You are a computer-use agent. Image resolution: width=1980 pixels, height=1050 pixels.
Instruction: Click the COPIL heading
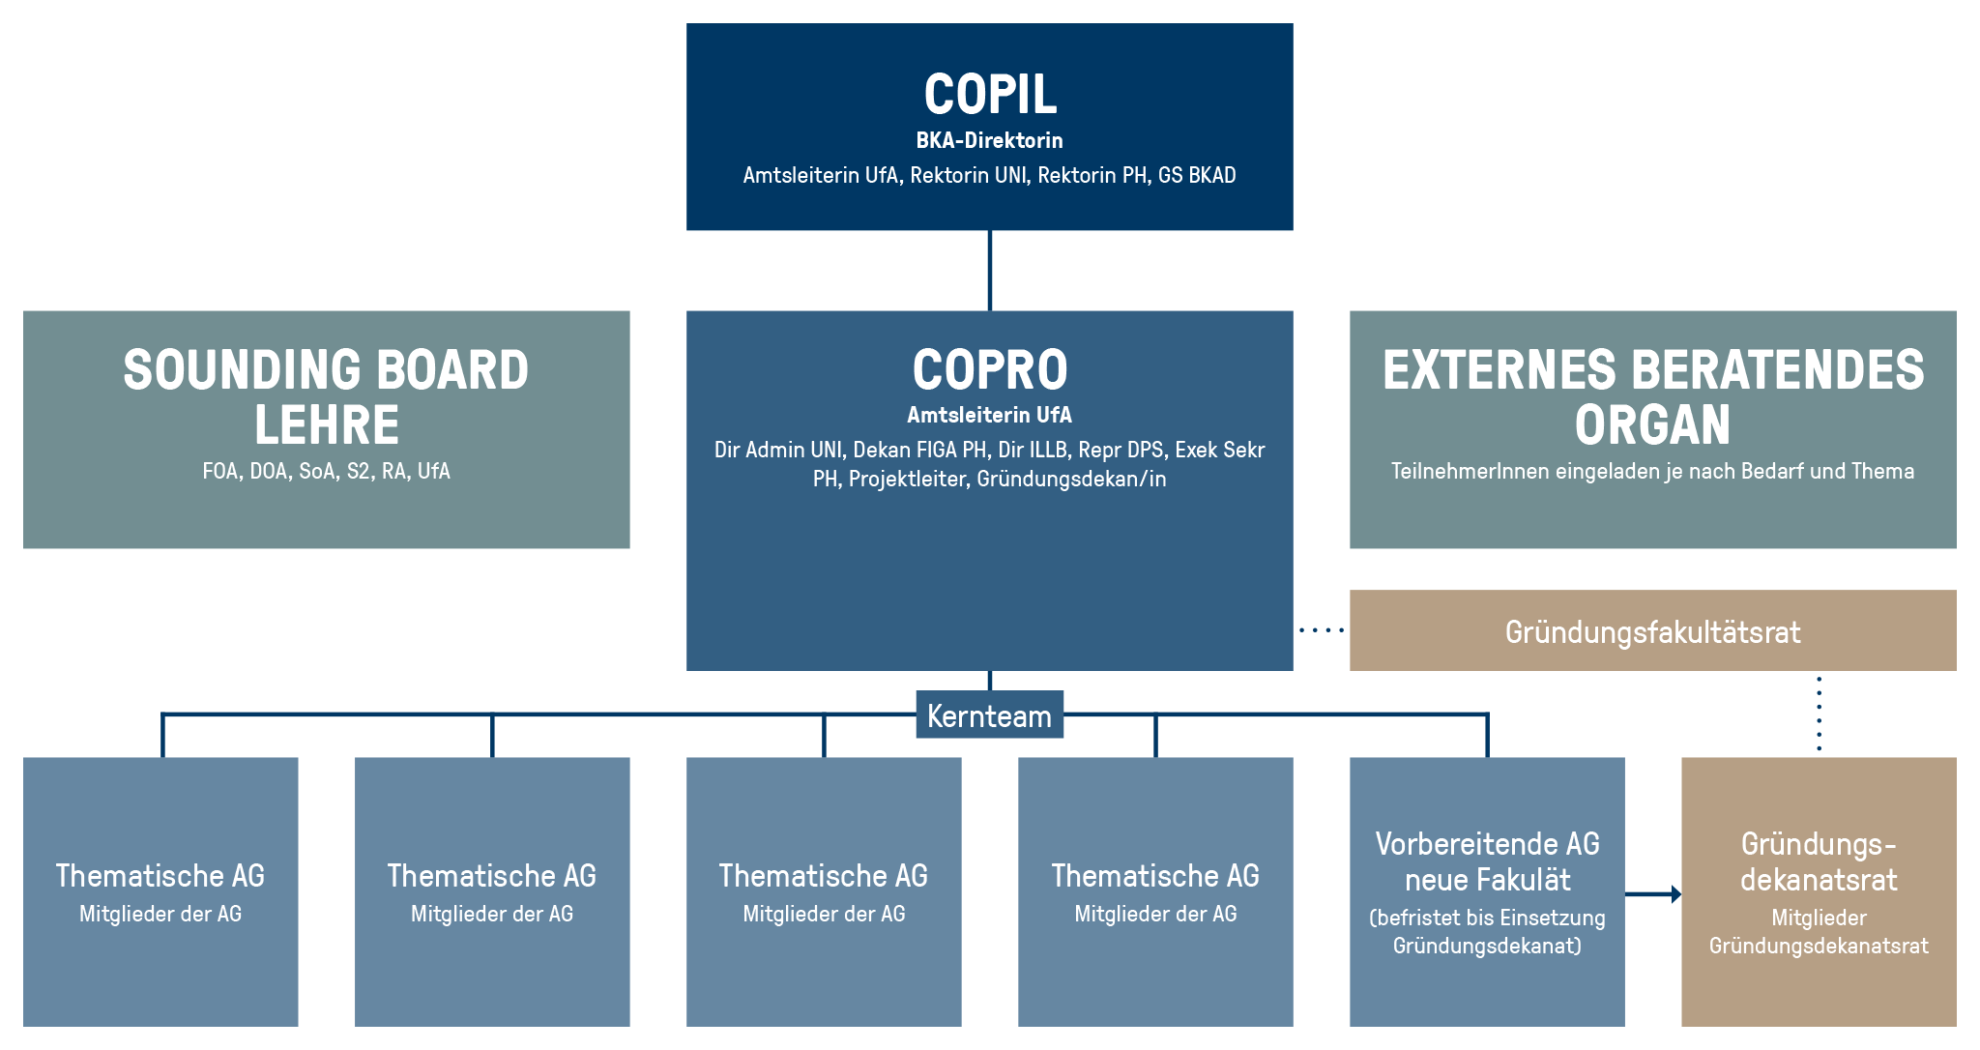[990, 95]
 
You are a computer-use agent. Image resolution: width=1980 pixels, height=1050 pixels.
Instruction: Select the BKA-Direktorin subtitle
[989, 140]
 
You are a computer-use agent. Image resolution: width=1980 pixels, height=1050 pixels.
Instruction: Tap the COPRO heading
[990, 369]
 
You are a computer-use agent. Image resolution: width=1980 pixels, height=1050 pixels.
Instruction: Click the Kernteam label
[989, 715]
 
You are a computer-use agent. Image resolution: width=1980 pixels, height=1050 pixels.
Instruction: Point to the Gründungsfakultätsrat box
[1652, 630]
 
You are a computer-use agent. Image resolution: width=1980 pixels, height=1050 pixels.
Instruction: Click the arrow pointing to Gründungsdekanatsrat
[1653, 894]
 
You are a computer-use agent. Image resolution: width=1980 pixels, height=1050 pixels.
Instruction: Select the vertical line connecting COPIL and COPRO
[990, 271]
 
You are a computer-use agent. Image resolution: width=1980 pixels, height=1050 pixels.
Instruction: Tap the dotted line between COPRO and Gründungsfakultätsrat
[1322, 630]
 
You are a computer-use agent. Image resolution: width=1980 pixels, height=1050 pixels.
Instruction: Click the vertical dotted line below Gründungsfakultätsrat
[1820, 714]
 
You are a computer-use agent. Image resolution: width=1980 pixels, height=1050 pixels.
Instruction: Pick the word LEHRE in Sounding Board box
[327, 425]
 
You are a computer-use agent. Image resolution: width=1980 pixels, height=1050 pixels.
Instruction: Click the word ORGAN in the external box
[1652, 425]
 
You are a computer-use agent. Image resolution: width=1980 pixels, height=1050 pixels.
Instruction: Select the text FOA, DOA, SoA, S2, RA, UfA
[327, 471]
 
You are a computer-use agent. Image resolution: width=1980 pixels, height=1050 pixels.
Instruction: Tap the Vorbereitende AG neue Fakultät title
[1487, 861]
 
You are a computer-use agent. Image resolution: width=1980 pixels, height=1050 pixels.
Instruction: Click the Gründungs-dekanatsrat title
[1819, 861]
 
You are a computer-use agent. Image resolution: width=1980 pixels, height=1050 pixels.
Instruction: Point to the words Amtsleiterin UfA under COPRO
[989, 415]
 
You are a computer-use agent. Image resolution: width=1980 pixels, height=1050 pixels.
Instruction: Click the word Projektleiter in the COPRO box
[907, 480]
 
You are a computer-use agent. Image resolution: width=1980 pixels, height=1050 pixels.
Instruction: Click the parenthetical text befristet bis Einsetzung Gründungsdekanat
[1487, 932]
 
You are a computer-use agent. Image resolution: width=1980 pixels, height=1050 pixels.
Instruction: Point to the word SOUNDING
[243, 369]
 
